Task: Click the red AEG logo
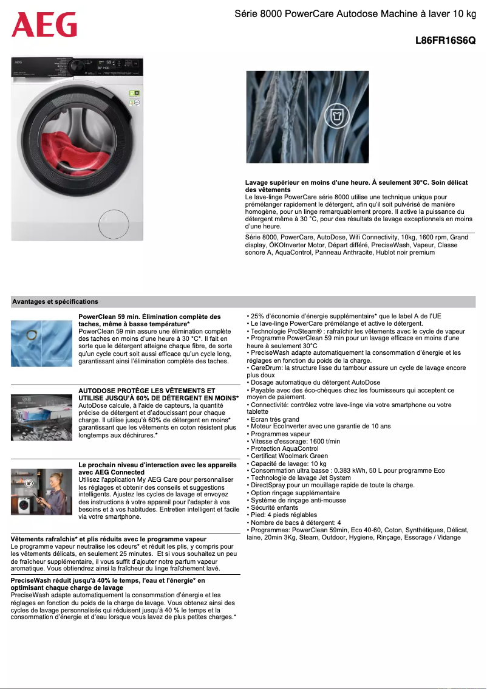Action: tap(44, 25)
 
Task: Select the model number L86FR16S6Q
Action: tap(445, 40)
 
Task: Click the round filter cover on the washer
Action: tap(114, 221)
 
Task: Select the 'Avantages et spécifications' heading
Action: tap(55, 301)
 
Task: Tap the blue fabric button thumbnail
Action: tap(41, 343)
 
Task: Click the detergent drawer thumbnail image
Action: tap(41, 412)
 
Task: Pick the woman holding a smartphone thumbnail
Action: tap(41, 492)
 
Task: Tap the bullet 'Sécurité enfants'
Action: tap(274, 507)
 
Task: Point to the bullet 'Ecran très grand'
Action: tap(274, 419)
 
